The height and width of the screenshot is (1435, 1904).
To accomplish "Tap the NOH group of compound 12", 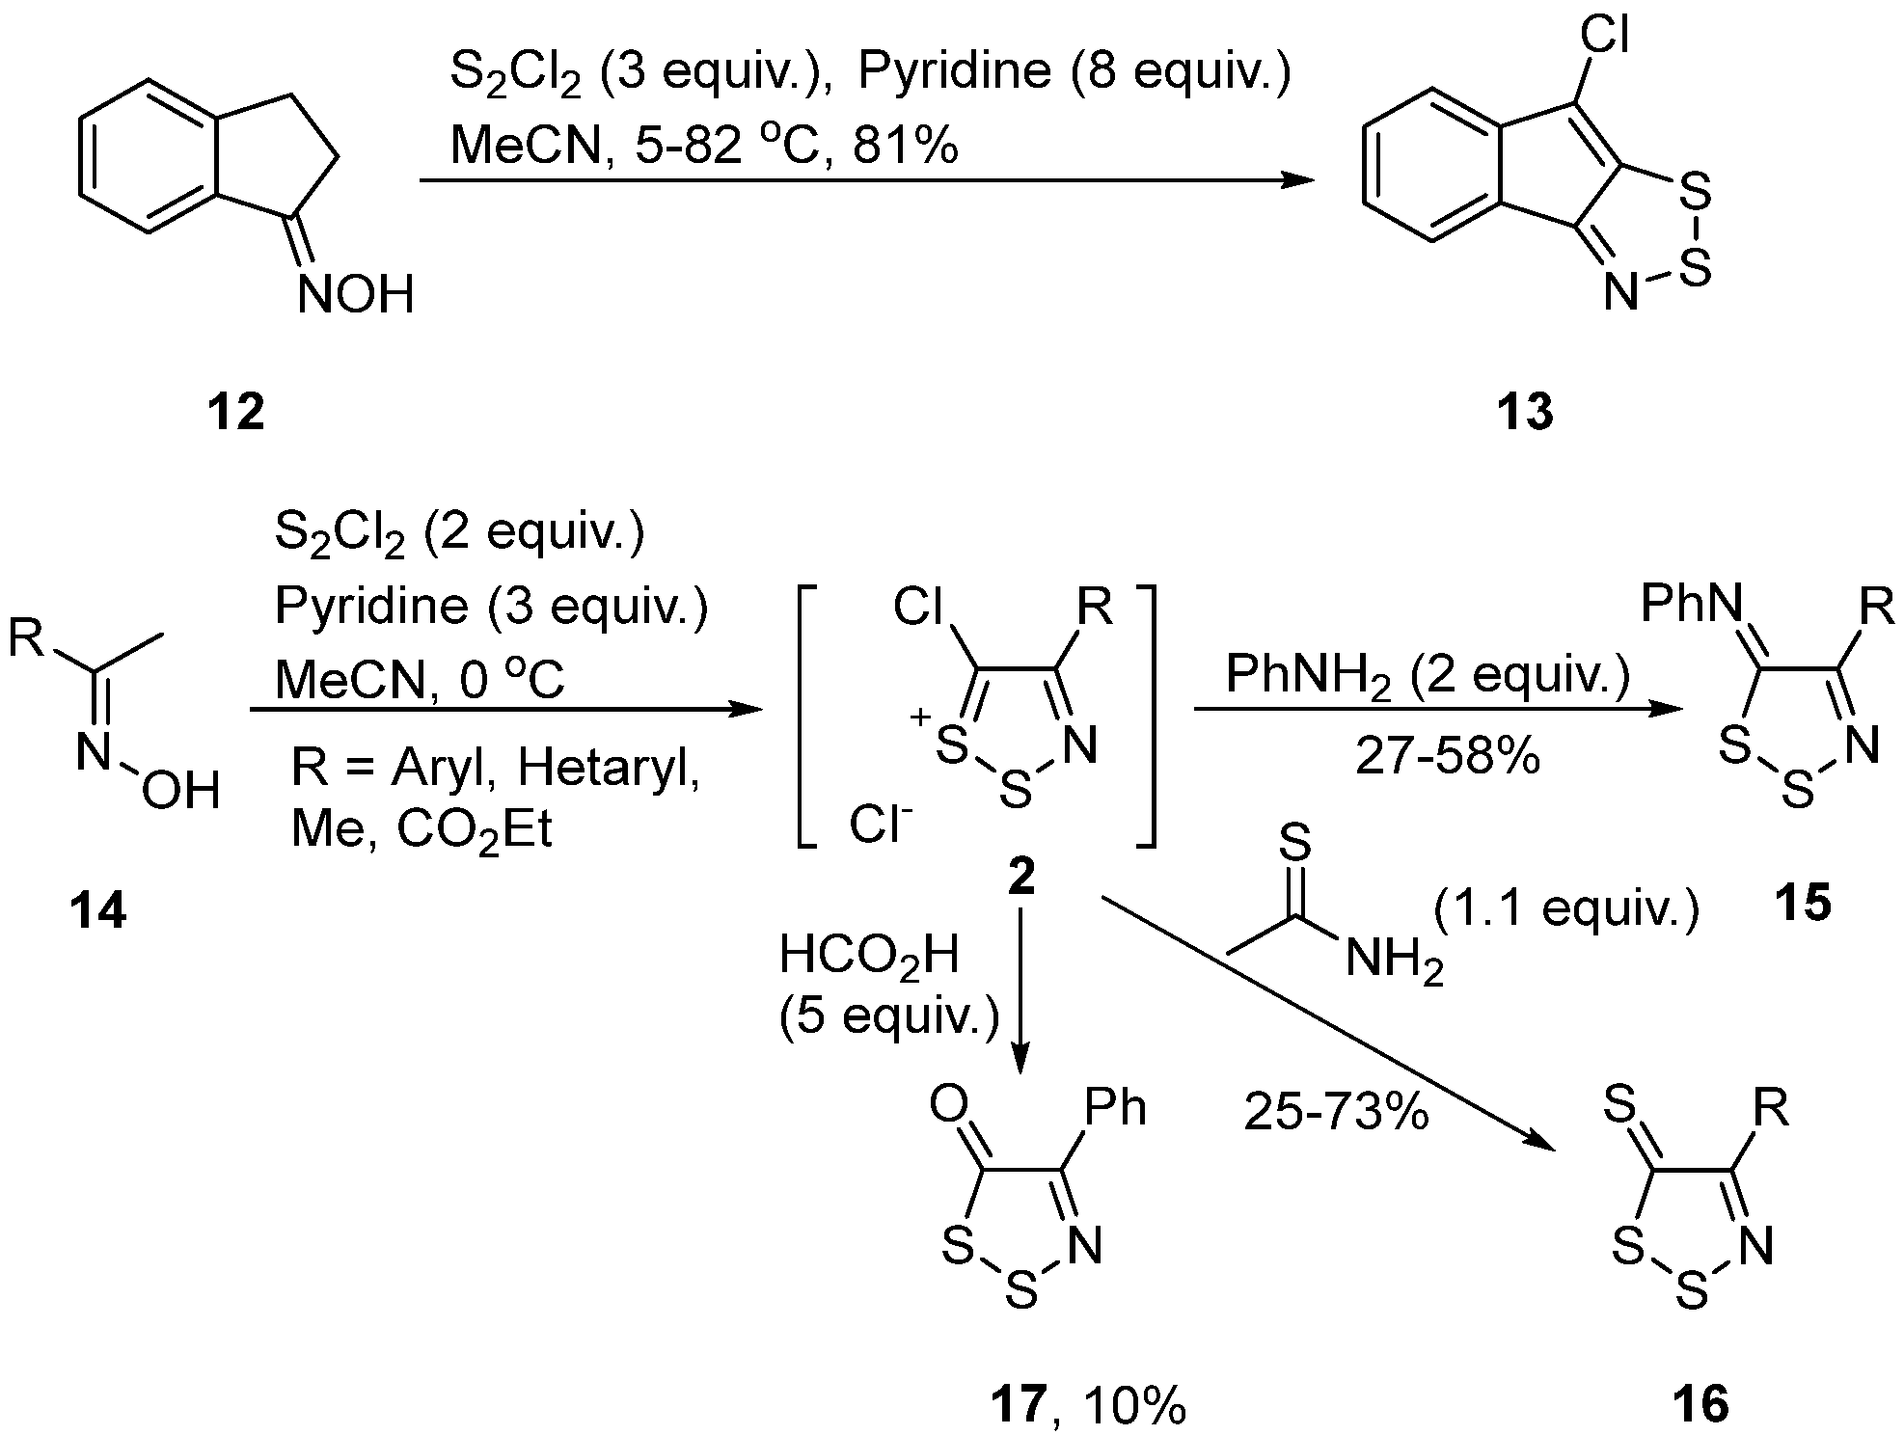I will (x=355, y=294).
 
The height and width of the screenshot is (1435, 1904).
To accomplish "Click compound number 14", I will (x=98, y=909).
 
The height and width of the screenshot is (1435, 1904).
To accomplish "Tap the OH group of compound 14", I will (x=180, y=792).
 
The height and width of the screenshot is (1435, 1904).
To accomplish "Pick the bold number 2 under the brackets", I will (x=1020, y=876).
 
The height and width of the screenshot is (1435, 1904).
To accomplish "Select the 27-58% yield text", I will (x=1447, y=758).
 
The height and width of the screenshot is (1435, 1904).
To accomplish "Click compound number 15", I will (x=1802, y=905).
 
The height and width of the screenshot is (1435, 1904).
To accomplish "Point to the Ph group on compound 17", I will (x=1115, y=1107).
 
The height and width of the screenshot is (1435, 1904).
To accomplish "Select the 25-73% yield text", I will (x=1335, y=1113).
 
